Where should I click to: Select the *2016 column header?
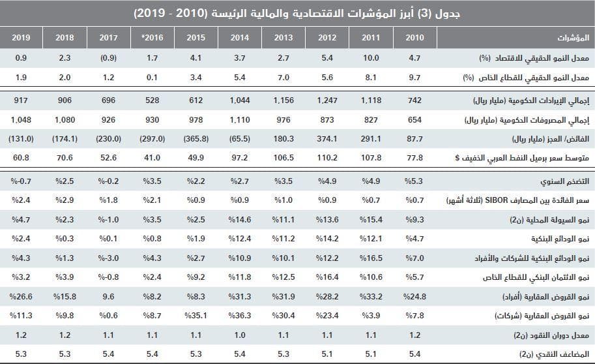point(152,38)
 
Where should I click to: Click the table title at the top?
point(297,14)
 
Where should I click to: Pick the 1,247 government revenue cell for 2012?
point(327,102)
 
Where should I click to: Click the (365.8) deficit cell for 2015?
point(196,138)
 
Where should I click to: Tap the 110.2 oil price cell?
point(327,157)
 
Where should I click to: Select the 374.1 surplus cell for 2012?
point(327,138)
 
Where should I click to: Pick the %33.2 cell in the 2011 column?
point(371,297)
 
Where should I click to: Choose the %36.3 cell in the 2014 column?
point(240,316)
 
